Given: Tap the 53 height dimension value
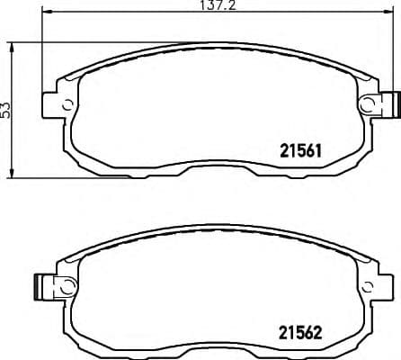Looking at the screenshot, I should pyautogui.click(x=8, y=110).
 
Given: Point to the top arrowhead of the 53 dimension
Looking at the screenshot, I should pyautogui.click(x=12, y=44).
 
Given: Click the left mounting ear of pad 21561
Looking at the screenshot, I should pyautogui.click(x=54, y=101).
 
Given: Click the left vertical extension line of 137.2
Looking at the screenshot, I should pyautogui.click(x=43, y=54).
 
